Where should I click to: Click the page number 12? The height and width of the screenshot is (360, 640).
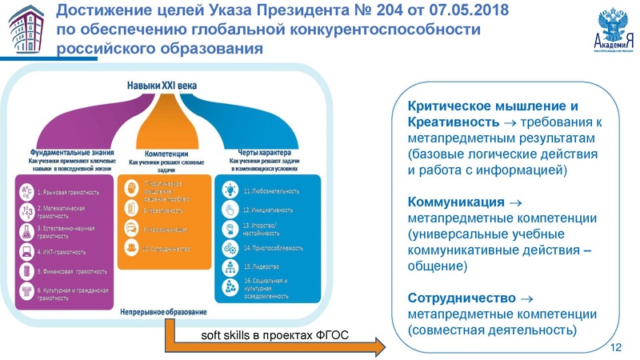tap(615, 347)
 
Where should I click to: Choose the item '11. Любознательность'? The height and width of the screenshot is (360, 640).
tap(271, 192)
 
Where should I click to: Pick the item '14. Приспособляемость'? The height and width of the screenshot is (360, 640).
tap(276, 247)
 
